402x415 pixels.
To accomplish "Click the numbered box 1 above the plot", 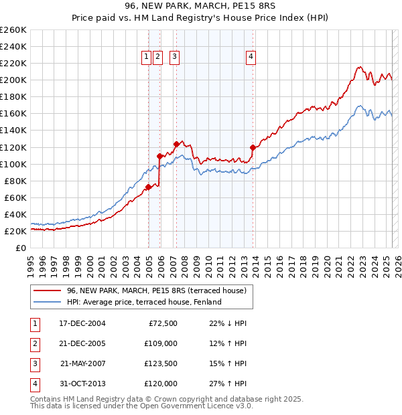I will tap(146, 58).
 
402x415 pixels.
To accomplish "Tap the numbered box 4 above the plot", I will tap(251, 58).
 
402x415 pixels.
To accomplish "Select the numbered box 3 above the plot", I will tap(174, 58).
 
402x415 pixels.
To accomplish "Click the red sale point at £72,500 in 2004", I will tap(148, 187).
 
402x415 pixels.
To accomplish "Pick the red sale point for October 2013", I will tap(253, 147).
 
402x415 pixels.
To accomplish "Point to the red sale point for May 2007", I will tap(176, 144).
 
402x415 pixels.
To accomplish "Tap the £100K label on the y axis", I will tap(13, 164).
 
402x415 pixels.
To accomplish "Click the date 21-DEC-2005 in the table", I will tap(82, 343).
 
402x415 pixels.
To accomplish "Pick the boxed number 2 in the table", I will tap(34, 343).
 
